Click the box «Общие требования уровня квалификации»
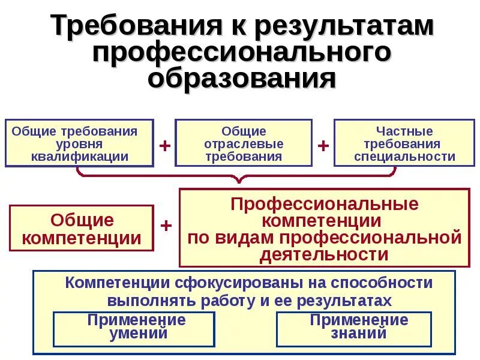(79, 144)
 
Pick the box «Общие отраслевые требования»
(244, 144)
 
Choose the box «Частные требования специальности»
(404, 144)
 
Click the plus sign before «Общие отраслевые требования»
(164, 146)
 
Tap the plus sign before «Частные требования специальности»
(323, 146)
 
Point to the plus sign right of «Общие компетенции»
(167, 226)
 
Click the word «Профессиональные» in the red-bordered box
(325, 203)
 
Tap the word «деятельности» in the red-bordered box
(325, 254)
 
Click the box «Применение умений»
(134, 328)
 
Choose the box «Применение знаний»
(354, 328)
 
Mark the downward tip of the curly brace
(239, 181)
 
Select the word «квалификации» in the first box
(79, 157)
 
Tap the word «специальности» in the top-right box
(404, 157)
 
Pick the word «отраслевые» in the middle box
(244, 144)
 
